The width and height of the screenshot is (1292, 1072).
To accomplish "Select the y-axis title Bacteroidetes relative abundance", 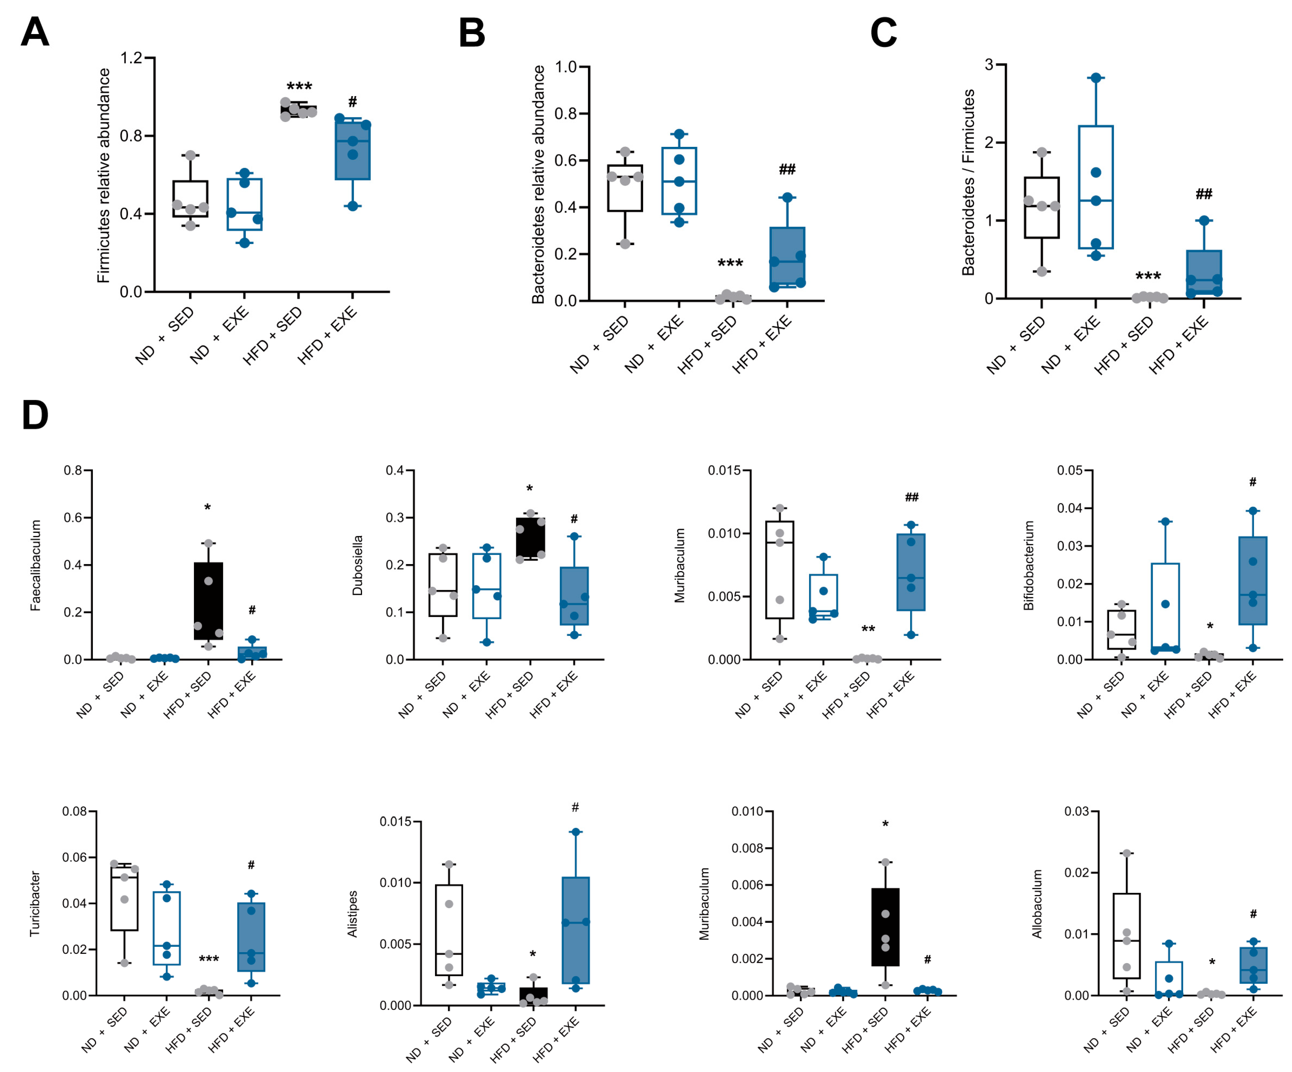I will pos(538,184).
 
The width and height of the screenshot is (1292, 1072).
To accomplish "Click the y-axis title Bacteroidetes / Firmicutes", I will pos(968,182).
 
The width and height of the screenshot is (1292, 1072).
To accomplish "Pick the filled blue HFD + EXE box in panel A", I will pos(352,151).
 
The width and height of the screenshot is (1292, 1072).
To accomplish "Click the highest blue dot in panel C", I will pos(1096,78).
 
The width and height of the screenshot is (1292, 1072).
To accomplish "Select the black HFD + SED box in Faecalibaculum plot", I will pos(208,601).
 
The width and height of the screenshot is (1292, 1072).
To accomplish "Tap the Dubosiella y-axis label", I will pos(357,565).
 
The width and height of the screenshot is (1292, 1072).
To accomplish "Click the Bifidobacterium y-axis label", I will pos(1028,565).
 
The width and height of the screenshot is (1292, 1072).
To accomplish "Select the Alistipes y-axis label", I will pos(352,914).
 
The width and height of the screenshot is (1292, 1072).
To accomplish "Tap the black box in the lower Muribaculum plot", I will pos(885,927).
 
